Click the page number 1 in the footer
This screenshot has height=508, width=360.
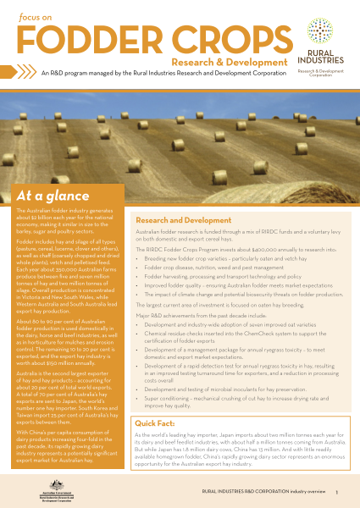tap(336, 490)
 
